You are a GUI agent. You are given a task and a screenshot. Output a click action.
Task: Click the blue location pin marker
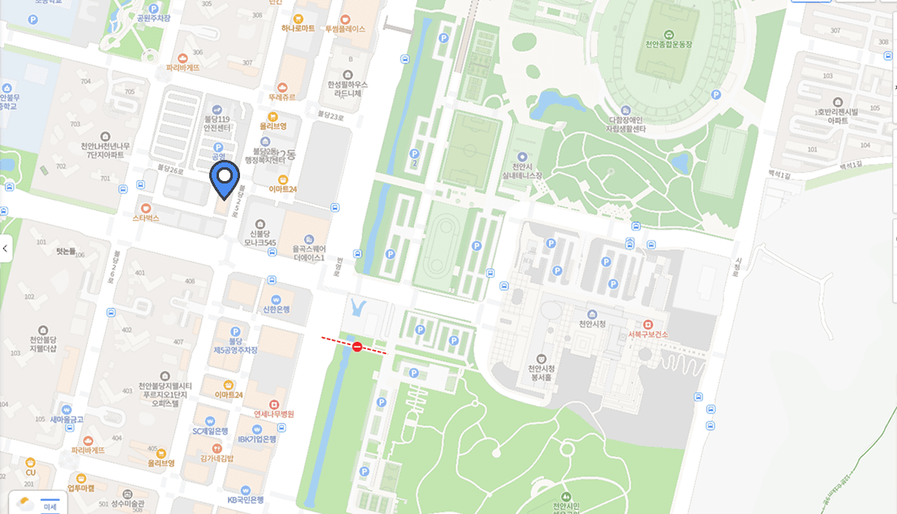(x=225, y=178)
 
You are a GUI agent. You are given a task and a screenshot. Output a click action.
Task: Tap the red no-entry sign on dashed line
(x=357, y=347)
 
